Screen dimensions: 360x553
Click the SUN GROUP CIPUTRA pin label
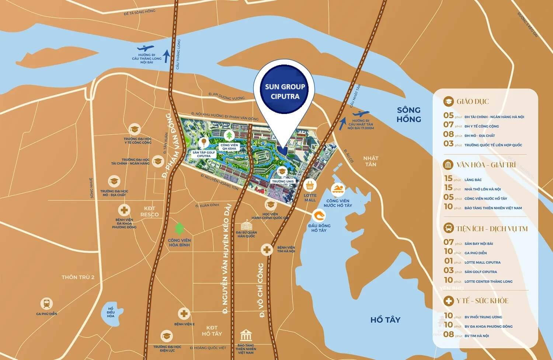(x=285, y=91)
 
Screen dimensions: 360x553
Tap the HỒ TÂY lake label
(x=385, y=320)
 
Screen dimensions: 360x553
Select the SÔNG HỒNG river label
(x=408, y=114)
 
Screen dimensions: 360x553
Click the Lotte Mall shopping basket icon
(x=310, y=185)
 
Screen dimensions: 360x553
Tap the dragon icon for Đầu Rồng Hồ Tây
(x=319, y=215)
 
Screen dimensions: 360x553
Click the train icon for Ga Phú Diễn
(x=46, y=304)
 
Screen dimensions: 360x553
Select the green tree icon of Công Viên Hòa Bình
(x=179, y=229)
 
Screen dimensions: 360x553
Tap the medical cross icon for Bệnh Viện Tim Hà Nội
(x=267, y=250)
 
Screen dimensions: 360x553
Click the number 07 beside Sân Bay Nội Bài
(x=448, y=242)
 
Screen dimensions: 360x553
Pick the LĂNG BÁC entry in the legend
(x=473, y=180)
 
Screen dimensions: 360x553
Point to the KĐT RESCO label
(x=149, y=211)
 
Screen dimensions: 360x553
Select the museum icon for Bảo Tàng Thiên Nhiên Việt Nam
(x=246, y=336)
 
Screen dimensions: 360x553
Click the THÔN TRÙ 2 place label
(x=78, y=277)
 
